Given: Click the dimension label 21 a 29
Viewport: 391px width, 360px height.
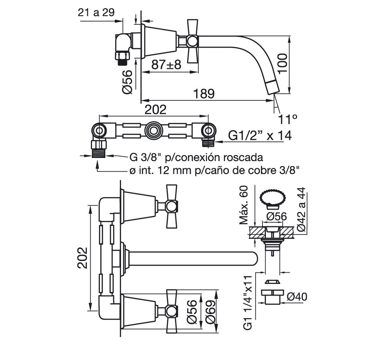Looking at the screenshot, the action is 96,12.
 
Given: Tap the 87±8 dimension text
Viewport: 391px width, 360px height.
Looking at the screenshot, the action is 166,65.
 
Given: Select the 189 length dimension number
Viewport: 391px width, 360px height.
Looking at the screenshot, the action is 204,94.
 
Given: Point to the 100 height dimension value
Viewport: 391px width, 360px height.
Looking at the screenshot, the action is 283,63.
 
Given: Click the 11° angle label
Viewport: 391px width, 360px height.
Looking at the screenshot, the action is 288,120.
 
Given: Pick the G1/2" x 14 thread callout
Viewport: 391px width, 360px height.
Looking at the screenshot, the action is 260,136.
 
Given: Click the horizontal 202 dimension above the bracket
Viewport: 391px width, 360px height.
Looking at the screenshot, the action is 156,110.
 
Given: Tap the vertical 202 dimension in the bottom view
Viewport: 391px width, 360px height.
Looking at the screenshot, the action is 82,258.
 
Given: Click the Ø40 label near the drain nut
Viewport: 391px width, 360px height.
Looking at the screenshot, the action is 297,297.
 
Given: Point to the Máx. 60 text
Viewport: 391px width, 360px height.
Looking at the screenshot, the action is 243,205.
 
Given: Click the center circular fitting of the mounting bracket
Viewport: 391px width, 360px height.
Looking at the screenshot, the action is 153,130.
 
